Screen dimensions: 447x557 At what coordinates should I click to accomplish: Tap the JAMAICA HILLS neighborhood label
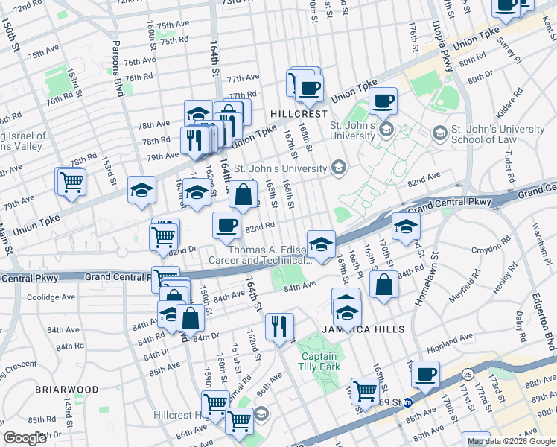pyautogui.click(x=363, y=329)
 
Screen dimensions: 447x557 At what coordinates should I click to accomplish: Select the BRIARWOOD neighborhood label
pyautogui.click(x=66, y=390)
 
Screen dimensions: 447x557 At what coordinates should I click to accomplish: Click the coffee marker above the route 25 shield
pyautogui.click(x=425, y=375)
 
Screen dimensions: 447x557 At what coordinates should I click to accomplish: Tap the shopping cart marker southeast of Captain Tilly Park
pyautogui.click(x=365, y=390)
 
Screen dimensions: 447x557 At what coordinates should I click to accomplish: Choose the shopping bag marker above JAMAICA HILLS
pyautogui.click(x=383, y=285)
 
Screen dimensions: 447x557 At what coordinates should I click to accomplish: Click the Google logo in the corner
pyautogui.click(x=26, y=438)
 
